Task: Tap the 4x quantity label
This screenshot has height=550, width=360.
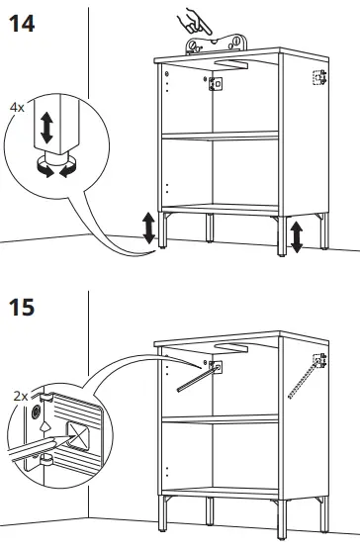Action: click(18, 104)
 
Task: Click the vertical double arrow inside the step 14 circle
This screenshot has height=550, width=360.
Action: click(45, 128)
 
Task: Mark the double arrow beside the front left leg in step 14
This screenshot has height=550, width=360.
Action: click(148, 228)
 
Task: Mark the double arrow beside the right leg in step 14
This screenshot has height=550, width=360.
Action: click(294, 236)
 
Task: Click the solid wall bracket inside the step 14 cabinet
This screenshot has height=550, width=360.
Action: click(213, 85)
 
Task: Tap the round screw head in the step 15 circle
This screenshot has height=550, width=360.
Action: click(36, 412)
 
